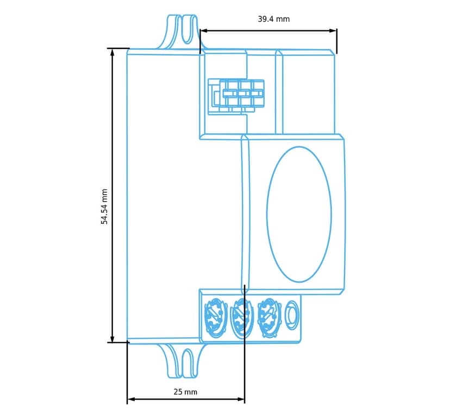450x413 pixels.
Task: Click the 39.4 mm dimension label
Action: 274,19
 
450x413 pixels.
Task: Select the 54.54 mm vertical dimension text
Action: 104,206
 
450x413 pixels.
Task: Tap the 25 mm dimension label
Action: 185,392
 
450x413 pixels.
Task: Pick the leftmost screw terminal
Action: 213,318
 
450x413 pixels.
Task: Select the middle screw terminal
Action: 242,318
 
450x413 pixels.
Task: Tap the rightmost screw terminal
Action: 268,317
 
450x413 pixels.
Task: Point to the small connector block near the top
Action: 236,97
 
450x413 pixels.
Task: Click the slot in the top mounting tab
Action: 186,29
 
